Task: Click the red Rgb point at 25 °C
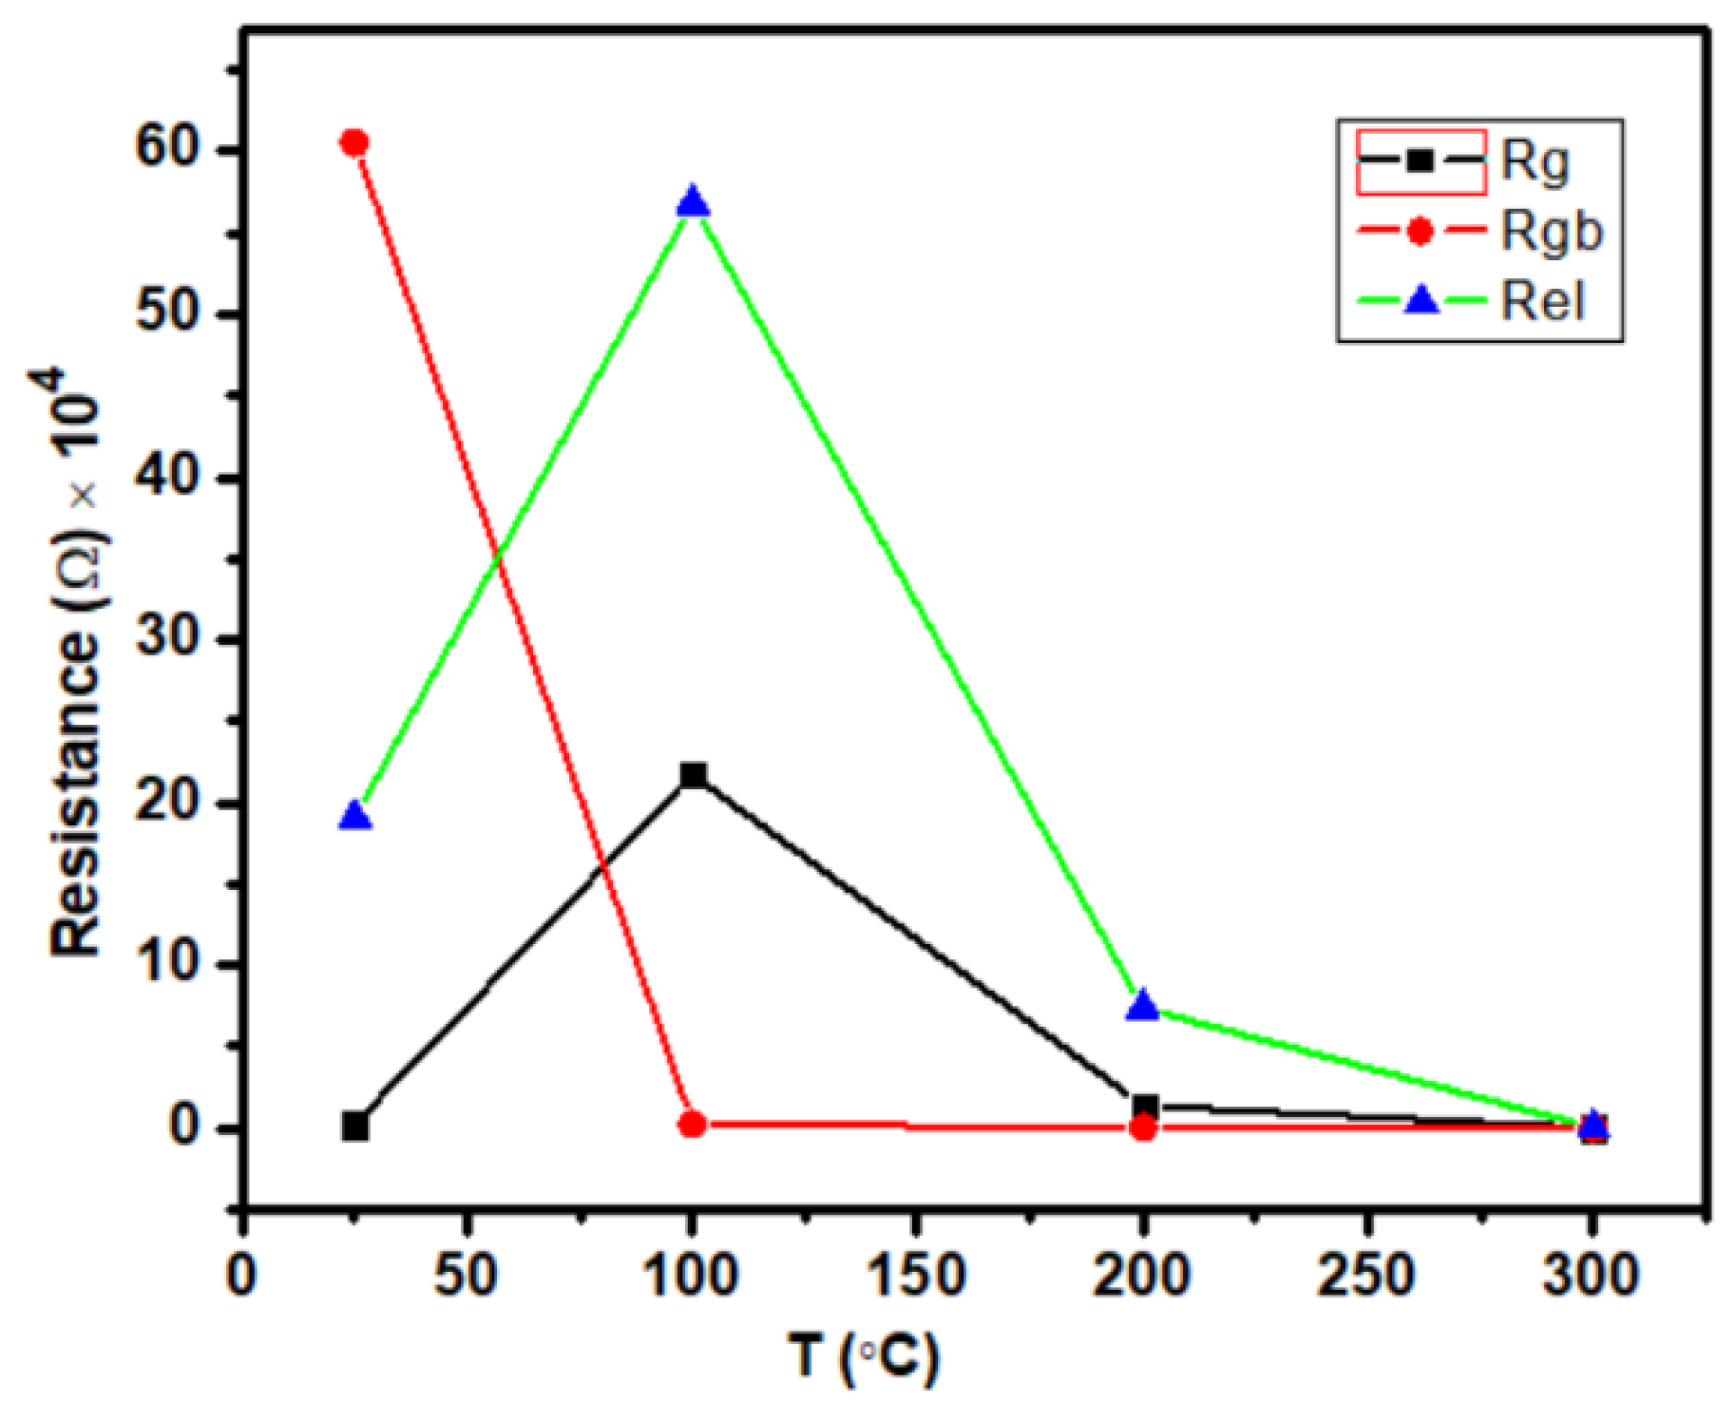[x=353, y=142]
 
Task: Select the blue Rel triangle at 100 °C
[x=693, y=202]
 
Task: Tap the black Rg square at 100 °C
[x=693, y=775]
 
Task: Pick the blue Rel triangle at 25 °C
[x=354, y=816]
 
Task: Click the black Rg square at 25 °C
[x=354, y=1127]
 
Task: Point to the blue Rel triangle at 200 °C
[x=1143, y=1006]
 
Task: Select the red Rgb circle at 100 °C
[x=693, y=1125]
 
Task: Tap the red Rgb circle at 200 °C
[x=1143, y=1127]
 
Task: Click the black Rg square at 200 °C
[x=1146, y=1106]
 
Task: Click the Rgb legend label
[x=1552, y=232]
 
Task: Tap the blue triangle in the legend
[x=1422, y=302]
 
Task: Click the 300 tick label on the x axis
[x=1591, y=1275]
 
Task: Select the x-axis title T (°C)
[x=863, y=1355]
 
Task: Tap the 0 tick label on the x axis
[x=242, y=1275]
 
